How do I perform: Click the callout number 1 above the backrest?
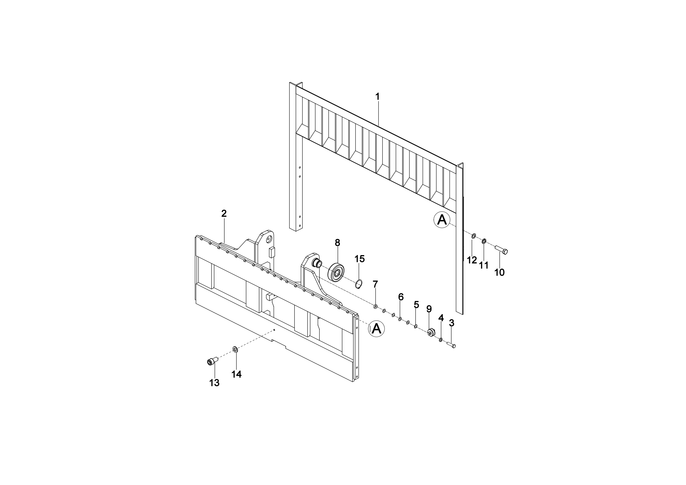377,96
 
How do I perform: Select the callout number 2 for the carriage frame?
224,213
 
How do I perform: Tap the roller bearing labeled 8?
338,272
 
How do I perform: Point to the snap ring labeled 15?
360,284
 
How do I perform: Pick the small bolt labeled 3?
451,345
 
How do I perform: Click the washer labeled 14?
235,349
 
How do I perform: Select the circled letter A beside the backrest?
442,220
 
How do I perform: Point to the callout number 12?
472,260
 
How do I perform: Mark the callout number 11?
484,265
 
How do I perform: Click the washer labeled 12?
474,237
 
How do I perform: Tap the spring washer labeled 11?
484,241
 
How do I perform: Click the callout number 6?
401,297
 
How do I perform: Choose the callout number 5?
416,305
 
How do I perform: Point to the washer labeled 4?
441,340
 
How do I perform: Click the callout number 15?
360,259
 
